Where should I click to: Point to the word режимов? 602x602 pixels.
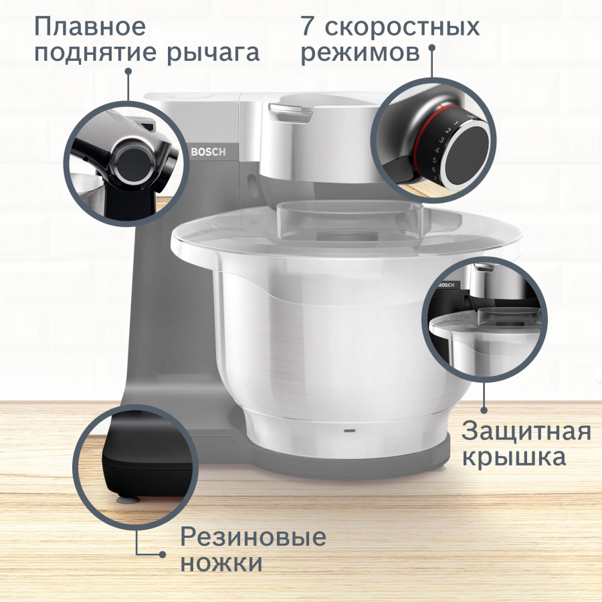[361, 53]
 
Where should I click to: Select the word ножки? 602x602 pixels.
[221, 563]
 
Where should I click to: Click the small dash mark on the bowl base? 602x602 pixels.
[348, 430]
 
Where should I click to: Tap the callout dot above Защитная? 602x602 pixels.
[484, 410]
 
